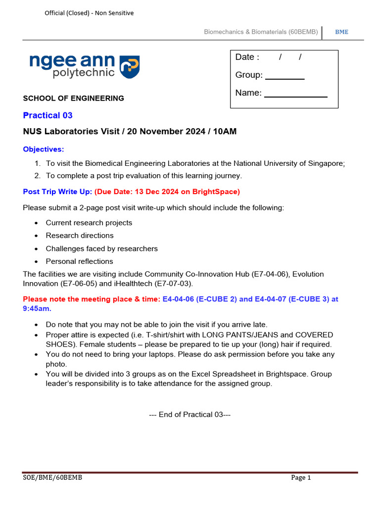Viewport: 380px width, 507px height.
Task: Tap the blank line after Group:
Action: tap(285, 78)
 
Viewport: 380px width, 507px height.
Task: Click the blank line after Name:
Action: tap(295, 96)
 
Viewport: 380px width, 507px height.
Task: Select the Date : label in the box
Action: tap(247, 57)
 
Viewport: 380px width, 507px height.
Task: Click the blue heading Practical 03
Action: tap(48, 115)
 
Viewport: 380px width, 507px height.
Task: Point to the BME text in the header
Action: tap(341, 32)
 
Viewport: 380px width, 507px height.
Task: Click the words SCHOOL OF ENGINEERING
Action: tap(74, 99)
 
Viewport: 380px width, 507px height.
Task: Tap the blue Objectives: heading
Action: tap(44, 150)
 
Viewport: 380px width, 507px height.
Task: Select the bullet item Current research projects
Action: tap(89, 223)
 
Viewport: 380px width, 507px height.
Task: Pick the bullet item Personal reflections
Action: tap(79, 261)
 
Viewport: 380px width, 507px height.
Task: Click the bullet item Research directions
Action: tap(80, 236)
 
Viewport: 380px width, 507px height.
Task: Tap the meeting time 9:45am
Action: tap(36, 308)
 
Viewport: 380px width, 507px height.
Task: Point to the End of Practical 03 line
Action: tap(190, 415)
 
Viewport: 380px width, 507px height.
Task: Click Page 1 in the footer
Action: tap(301, 478)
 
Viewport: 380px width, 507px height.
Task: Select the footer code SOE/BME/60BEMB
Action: tap(52, 478)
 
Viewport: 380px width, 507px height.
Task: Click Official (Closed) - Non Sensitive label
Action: tap(89, 13)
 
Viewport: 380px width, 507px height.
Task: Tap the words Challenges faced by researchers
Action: tap(102, 249)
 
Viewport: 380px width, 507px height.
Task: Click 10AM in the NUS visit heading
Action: tap(226, 132)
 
